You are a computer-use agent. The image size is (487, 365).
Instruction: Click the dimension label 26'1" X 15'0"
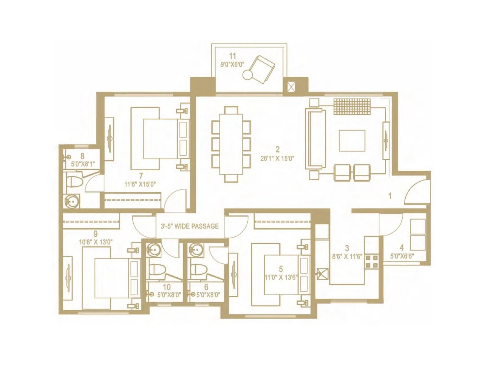tap(277, 158)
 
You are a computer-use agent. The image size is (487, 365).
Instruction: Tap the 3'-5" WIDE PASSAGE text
tap(190, 226)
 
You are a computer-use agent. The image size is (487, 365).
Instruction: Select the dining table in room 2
tap(231, 144)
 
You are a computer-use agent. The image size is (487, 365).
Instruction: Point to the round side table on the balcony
tap(247, 75)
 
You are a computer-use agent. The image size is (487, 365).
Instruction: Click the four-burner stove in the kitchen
tap(371, 262)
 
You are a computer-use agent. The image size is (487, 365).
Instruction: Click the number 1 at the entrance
tap(390, 196)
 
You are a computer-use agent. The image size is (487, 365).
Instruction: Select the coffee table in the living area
tap(352, 141)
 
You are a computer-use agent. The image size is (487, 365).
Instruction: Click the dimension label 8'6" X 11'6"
tap(347, 256)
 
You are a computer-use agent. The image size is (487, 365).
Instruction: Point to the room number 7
tap(141, 176)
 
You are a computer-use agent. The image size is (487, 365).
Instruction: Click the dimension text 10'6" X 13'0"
tap(96, 242)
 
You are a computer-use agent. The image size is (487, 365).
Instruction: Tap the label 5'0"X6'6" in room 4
tap(401, 256)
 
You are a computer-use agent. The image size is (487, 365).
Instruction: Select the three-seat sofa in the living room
tap(316, 139)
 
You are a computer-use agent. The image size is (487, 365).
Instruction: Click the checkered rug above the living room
tap(352, 106)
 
